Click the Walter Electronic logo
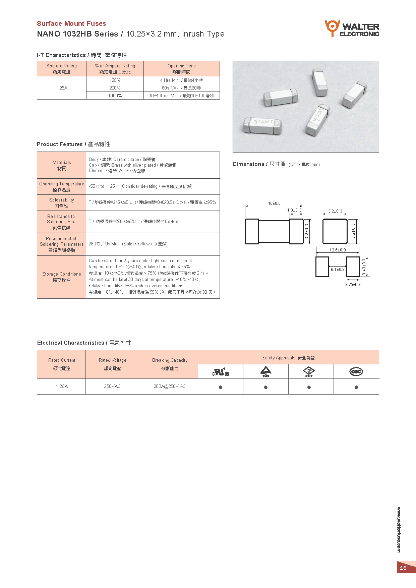352,28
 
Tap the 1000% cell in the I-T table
115,96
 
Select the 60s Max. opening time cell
181,88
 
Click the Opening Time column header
181,69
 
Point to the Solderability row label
62,203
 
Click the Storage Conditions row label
62,277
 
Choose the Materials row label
62,165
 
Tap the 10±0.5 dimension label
274,203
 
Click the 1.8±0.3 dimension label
294,210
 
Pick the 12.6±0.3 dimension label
338,250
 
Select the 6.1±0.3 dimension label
338,270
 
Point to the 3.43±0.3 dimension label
364,267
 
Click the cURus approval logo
221,372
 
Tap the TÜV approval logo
266,371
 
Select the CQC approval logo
356,371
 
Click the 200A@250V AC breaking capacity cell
170,387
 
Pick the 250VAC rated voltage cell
112,387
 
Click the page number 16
403,568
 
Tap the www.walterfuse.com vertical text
399,530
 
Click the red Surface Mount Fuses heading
71,23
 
